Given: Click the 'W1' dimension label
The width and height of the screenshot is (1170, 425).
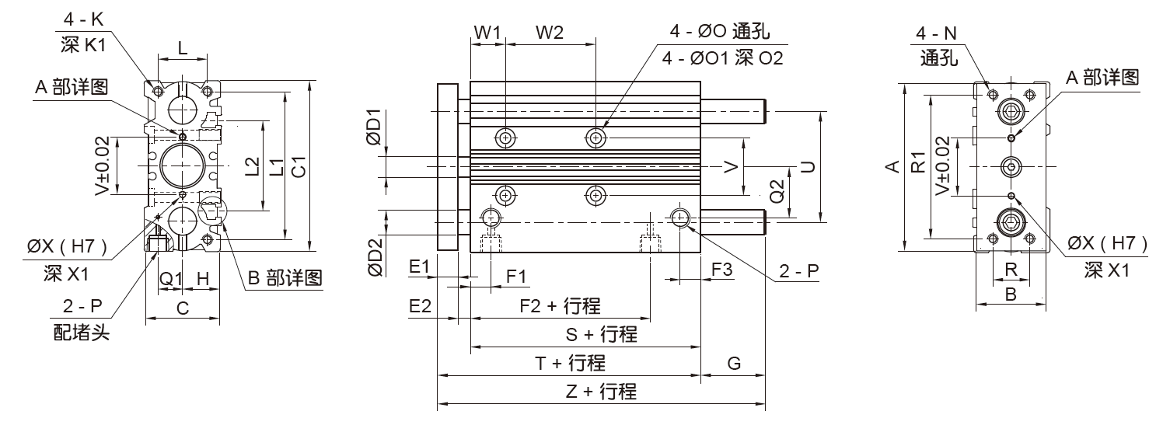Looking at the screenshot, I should point(487,33).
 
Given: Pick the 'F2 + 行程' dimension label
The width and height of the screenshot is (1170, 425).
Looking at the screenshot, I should point(560,306).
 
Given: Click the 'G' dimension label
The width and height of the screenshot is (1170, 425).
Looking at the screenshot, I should point(733,363).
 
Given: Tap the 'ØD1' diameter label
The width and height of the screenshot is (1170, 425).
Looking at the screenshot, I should point(374,127).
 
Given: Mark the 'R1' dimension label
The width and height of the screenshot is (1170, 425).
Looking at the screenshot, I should point(918,164).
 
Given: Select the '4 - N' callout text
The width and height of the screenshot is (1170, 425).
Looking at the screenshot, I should point(937,34).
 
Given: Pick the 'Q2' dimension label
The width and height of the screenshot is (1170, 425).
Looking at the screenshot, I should point(776,192).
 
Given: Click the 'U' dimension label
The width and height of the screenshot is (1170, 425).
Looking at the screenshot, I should point(809,166).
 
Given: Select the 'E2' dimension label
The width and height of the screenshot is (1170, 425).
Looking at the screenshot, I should point(420,306).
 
